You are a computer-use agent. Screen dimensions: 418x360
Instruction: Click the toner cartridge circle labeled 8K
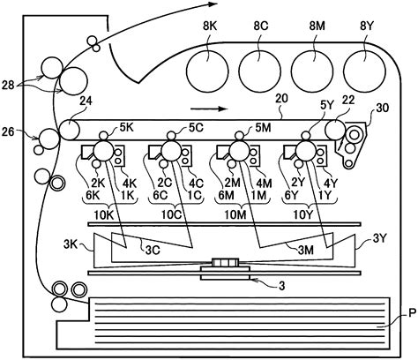pyautogui.click(x=207, y=71)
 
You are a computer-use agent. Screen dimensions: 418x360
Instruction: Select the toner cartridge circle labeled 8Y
pyautogui.click(x=364, y=71)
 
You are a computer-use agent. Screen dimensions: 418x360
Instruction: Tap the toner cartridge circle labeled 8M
pyautogui.click(x=312, y=71)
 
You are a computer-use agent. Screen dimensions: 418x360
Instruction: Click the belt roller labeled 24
pyautogui.click(x=70, y=130)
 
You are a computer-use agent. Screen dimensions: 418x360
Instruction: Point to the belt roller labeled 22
pyautogui.click(x=335, y=130)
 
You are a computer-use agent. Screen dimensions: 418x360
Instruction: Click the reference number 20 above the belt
pyautogui.click(x=281, y=99)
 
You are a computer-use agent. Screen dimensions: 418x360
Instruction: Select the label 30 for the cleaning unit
pyautogui.click(x=382, y=109)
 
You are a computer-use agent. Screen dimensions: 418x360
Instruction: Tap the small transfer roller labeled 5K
pyautogui.click(x=103, y=136)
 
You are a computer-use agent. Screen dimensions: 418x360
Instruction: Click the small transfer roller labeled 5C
pyautogui.click(x=171, y=136)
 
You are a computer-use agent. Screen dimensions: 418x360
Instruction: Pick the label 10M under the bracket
pyautogui.click(x=235, y=215)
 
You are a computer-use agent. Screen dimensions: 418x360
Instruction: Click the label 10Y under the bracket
pyautogui.click(x=303, y=215)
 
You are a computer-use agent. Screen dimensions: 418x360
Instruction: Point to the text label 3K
pyautogui.click(x=71, y=244)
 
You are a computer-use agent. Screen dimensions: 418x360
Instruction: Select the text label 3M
pyautogui.click(x=306, y=251)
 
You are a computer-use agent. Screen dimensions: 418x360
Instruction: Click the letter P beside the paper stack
pyautogui.click(x=412, y=313)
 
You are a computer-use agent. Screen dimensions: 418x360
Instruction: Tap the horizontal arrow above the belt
pyautogui.click(x=209, y=109)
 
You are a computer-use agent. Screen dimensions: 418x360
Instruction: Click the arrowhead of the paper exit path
pyautogui.click(x=213, y=4)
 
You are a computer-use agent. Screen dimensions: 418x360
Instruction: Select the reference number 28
pyautogui.click(x=9, y=86)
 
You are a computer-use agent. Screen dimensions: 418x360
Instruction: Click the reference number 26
pyautogui.click(x=8, y=131)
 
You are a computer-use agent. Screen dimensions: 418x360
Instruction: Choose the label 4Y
pyautogui.click(x=330, y=184)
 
